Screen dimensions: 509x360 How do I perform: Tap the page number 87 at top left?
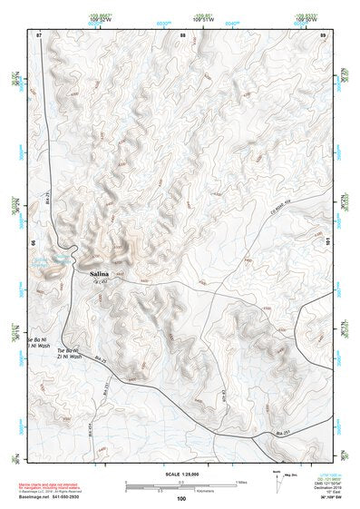point(39,34)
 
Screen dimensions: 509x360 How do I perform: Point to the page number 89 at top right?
point(323,34)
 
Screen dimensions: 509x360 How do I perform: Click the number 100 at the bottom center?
point(181,498)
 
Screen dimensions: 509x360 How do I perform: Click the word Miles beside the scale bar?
point(241,481)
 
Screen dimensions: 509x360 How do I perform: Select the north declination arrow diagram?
point(277,479)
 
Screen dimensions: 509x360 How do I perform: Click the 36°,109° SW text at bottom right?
point(321,494)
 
